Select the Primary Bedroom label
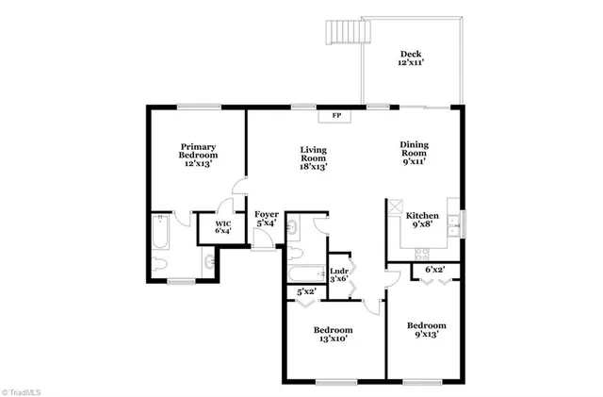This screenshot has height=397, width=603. (199, 155)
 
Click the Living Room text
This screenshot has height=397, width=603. (313, 157)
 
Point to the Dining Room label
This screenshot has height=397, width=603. (415, 153)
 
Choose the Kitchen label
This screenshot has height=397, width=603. (421, 220)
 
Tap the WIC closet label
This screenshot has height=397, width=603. (222, 226)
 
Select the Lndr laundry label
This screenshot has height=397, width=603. (338, 273)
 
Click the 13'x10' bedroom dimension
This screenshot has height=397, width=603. (333, 339)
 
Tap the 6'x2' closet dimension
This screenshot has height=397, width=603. (435, 270)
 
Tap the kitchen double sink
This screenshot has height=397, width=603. (452, 223)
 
